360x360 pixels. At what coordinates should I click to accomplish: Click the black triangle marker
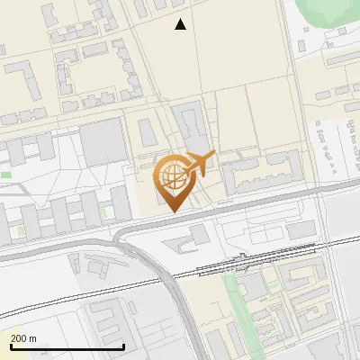(x=181, y=24)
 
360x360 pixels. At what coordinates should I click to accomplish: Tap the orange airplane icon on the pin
(x=199, y=164)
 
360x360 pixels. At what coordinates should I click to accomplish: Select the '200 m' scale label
(x=23, y=338)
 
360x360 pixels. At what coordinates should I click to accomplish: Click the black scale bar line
(x=67, y=346)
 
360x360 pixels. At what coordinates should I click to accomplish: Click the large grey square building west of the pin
(x=102, y=142)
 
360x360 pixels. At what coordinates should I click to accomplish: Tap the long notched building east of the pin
(x=261, y=170)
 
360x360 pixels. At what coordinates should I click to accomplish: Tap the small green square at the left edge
(x=6, y=174)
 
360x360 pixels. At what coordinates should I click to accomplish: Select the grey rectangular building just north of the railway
(x=302, y=229)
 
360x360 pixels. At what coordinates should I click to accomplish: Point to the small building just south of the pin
(x=199, y=234)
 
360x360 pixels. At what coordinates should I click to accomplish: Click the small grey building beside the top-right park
(x=342, y=31)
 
